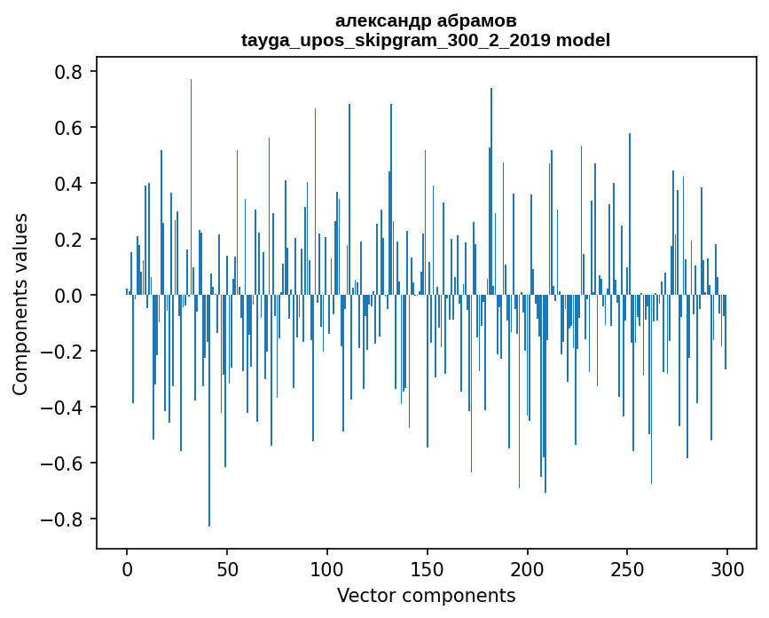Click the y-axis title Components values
(20, 304)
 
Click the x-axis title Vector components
(426, 595)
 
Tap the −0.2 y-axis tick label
(66, 352)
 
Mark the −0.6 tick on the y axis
(66, 463)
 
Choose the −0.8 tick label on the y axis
(66, 519)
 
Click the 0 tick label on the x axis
(127, 569)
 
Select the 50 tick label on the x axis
(227, 569)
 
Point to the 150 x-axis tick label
(428, 569)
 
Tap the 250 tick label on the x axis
(627, 569)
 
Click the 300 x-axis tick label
(727, 569)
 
